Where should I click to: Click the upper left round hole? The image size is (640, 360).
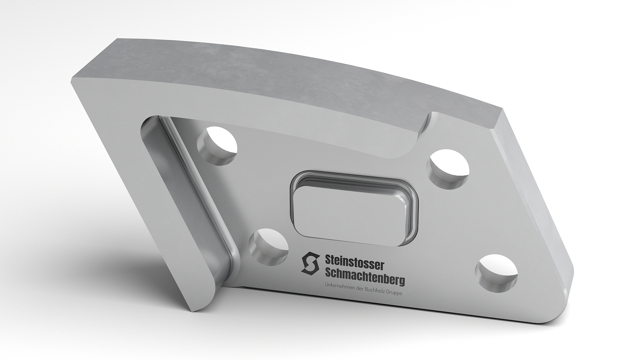point(217,145)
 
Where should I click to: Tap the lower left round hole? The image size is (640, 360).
point(269,247)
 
